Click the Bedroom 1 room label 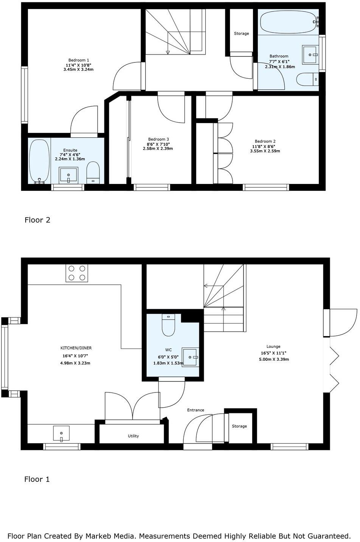pos(79,60)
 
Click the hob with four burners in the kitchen pos(77,273)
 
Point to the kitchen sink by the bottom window pos(61,433)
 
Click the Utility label pos(133,436)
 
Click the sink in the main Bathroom pos(310,55)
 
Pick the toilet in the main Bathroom pos(307,79)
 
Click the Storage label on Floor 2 pos(241,34)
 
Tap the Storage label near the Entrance pos(239,426)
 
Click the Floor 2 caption pos(37,220)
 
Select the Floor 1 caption pos(37,479)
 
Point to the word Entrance pos(196,410)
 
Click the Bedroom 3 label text pos(158,139)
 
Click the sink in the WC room pos(190,357)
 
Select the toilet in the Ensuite pos(93,172)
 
